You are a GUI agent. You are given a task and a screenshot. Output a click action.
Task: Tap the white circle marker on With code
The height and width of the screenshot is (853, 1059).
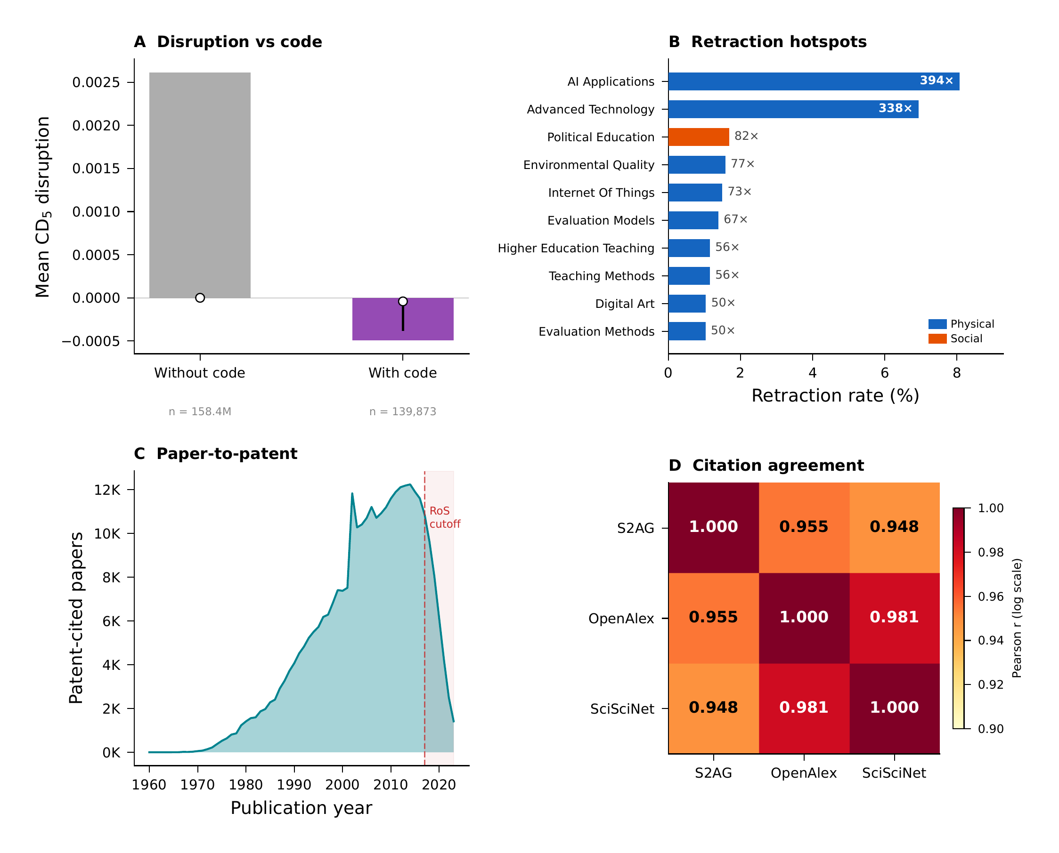403,301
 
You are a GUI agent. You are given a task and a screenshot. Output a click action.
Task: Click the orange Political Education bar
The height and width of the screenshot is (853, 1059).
698,137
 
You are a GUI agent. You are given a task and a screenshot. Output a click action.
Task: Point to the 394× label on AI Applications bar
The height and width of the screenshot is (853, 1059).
936,80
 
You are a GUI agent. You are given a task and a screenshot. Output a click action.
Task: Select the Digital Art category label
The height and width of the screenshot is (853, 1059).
624,304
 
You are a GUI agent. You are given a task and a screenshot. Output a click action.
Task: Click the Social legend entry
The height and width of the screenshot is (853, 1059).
966,338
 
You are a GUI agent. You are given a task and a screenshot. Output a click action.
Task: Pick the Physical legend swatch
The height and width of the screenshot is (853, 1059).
937,324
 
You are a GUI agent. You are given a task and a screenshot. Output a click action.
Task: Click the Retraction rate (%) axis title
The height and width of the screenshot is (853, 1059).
835,395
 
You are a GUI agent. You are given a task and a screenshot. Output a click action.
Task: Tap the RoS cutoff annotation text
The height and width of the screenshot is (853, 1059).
444,517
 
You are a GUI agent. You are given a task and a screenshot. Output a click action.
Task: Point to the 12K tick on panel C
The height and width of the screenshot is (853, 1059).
107,490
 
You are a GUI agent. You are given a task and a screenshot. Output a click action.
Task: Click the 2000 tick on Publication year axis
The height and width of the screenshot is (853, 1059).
342,785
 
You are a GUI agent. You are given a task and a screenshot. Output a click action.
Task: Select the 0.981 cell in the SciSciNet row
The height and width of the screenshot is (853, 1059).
803,708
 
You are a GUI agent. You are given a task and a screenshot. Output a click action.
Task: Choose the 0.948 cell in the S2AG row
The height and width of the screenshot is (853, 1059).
894,527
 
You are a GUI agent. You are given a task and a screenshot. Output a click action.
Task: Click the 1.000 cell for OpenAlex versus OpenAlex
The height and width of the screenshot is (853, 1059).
803,617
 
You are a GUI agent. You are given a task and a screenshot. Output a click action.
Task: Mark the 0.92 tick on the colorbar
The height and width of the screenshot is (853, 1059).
990,684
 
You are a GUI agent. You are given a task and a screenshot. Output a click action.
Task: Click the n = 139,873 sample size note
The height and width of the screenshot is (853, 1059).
403,412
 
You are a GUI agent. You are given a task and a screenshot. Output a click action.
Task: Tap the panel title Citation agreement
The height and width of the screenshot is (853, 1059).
777,465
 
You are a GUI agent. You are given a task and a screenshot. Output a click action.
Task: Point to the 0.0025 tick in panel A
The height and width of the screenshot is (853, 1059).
97,82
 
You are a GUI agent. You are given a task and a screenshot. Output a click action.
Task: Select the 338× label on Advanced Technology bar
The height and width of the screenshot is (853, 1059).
895,109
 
